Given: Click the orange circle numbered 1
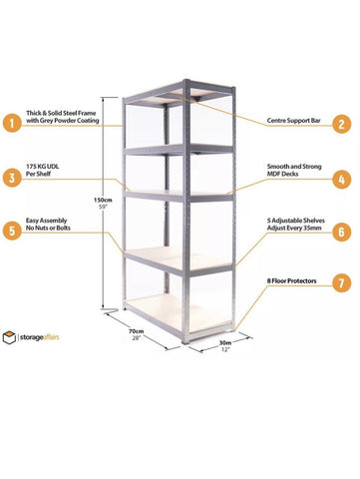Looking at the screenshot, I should (x=11, y=124).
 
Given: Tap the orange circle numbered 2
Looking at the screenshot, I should (x=342, y=124).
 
